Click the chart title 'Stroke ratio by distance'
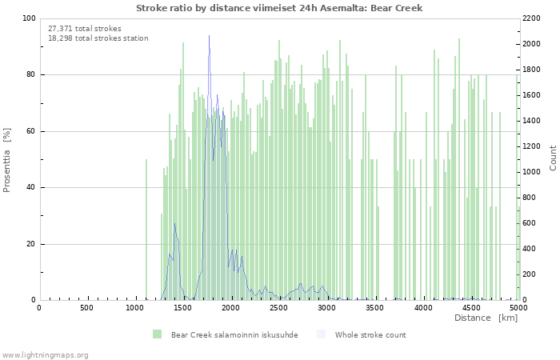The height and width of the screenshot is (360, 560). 279,8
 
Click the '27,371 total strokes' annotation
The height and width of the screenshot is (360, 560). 79,28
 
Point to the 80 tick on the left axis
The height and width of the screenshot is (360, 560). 30,75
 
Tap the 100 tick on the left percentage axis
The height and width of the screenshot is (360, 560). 29,18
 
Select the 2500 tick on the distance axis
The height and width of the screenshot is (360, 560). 278,307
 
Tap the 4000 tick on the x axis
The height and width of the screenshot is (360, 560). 422,307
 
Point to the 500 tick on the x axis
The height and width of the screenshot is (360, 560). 86,307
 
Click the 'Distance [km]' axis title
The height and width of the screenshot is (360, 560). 486,318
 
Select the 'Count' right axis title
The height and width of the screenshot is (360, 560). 553,158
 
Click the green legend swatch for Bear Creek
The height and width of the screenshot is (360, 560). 157,334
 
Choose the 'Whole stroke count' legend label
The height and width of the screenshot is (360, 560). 370,334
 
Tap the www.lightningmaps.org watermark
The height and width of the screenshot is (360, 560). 45,354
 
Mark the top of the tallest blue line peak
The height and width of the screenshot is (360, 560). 210,36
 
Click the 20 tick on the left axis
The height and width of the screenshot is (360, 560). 30,244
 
